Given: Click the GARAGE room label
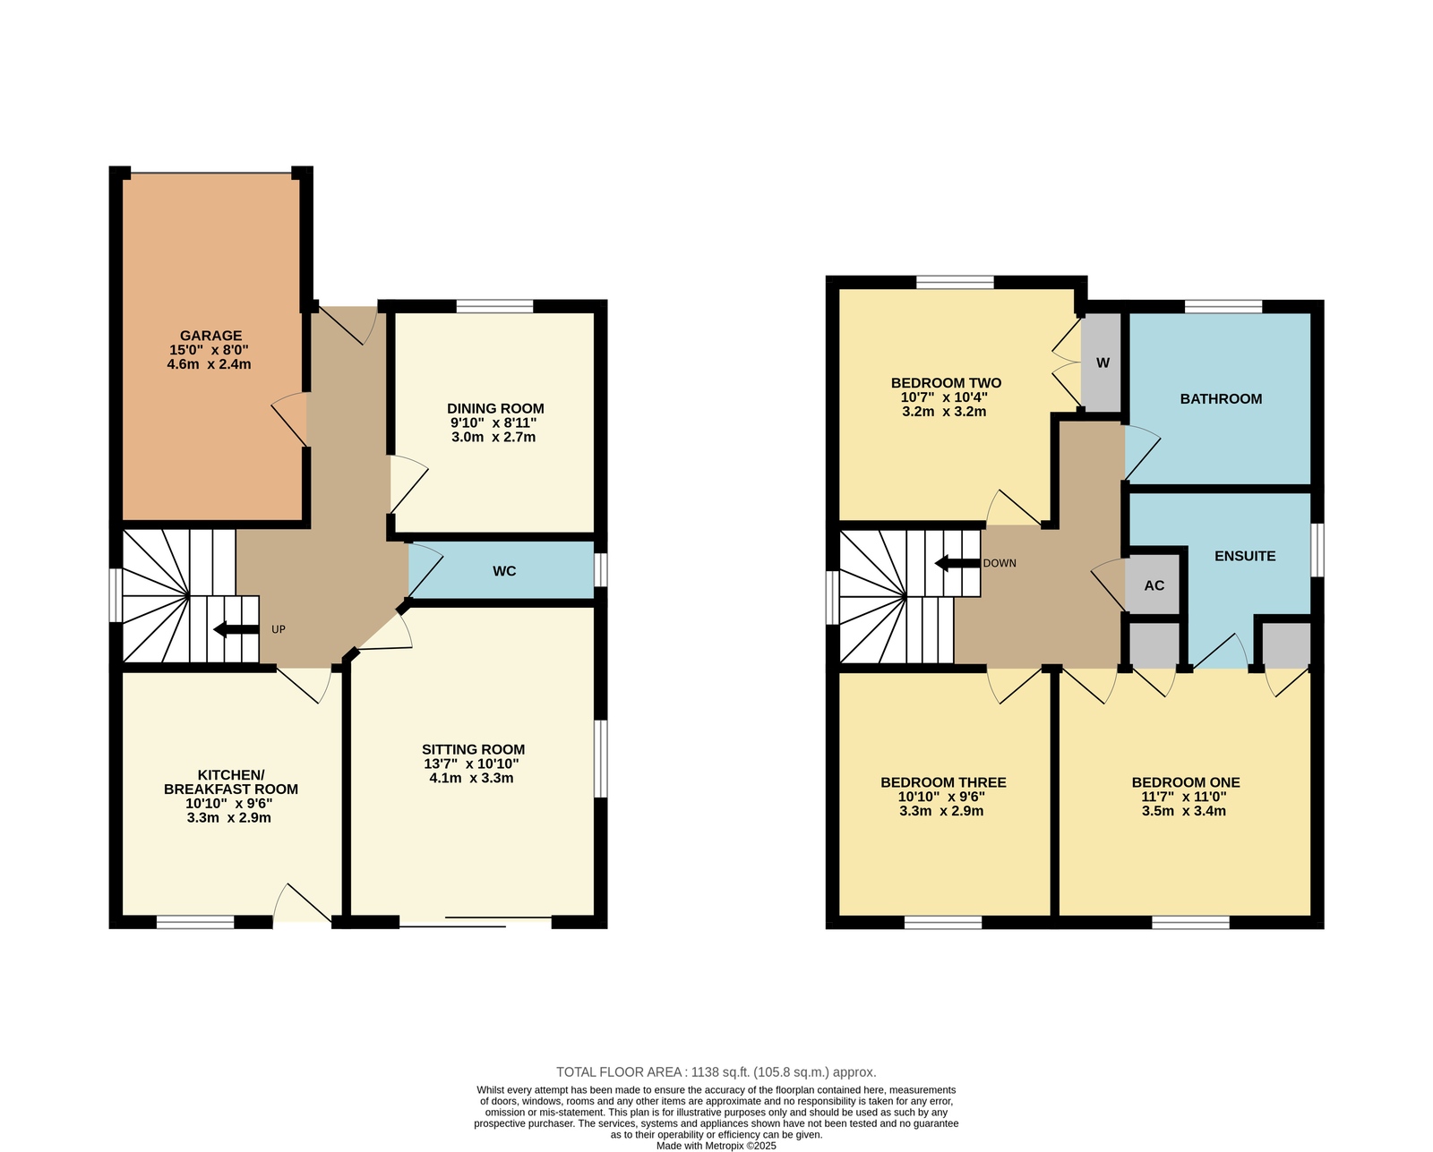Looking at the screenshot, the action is [x=211, y=336].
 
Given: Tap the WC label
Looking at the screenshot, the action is [x=504, y=571].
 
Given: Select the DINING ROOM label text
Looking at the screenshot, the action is [x=495, y=409].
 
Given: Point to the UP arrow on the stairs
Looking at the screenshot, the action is [x=236, y=629].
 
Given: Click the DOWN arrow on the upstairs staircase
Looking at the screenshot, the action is [x=957, y=563].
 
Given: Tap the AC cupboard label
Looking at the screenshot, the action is [x=1154, y=585].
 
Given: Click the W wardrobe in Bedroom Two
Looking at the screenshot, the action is [x=1103, y=363].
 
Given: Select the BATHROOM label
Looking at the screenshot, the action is [x=1221, y=398].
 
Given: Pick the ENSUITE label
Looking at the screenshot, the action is [x=1245, y=556].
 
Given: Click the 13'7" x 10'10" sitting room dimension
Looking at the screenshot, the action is [x=471, y=764].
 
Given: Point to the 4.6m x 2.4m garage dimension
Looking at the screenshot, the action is [x=209, y=364].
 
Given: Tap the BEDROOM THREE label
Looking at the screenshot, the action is [x=943, y=782].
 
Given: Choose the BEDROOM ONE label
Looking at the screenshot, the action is [x=1186, y=782].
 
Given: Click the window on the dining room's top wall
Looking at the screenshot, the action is [x=494, y=306].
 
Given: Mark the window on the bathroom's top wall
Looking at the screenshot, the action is [x=1223, y=306].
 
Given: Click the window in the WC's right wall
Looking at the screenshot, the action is [x=601, y=570].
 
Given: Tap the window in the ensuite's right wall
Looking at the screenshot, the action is [x=1317, y=550].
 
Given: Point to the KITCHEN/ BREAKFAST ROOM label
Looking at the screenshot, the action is [x=231, y=782].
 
